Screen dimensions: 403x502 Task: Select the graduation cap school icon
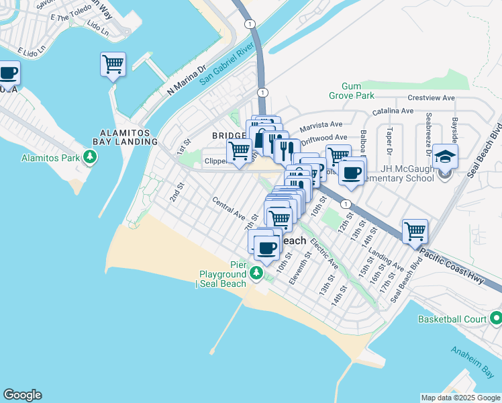(444, 156)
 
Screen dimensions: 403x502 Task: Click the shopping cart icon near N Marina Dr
(113, 64)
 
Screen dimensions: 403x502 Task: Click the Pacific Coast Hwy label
(454, 263)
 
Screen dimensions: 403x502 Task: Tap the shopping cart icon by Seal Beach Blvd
(415, 232)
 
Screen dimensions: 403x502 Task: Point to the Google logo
(22, 395)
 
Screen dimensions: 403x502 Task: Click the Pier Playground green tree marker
(256, 274)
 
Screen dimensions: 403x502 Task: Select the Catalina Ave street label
(394, 110)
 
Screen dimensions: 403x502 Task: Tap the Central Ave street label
(229, 208)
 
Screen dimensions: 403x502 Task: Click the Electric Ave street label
(325, 257)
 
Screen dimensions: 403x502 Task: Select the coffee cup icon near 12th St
(351, 173)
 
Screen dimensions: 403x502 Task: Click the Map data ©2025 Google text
(460, 398)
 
